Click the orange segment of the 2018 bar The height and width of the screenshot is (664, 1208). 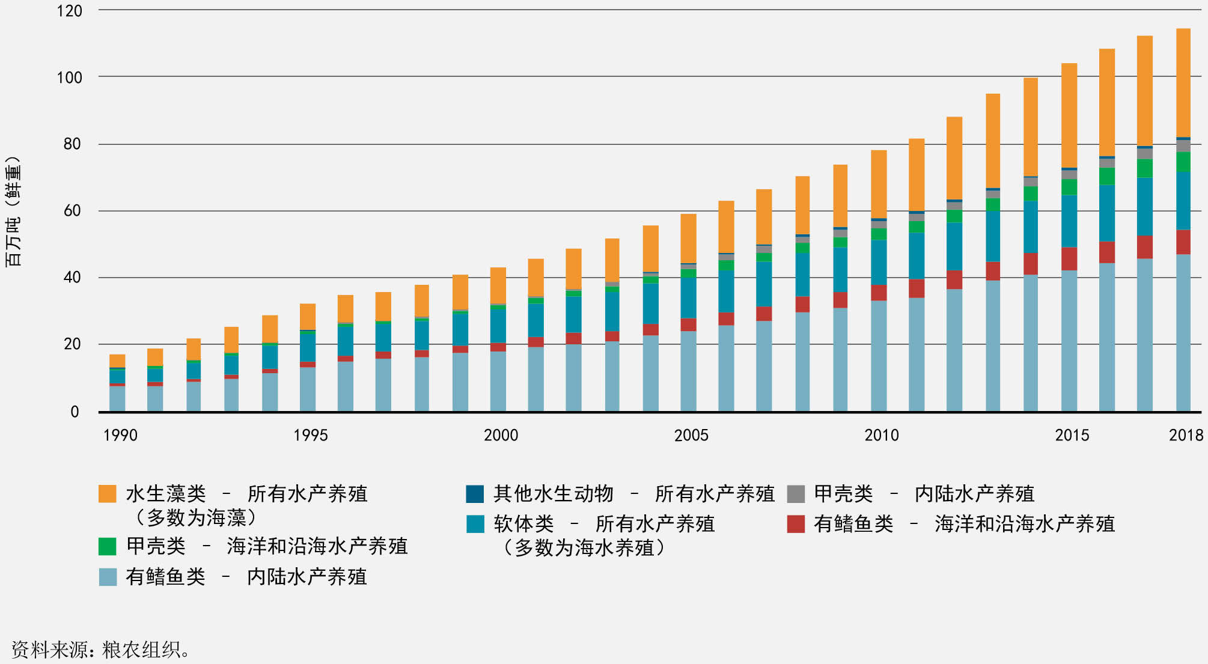1183,83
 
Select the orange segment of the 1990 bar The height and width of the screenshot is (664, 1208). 117,361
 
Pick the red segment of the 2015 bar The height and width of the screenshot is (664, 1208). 1069,258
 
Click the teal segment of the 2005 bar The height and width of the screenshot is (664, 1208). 688,297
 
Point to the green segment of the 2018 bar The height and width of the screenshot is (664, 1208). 1183,162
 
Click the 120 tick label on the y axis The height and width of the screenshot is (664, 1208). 69,11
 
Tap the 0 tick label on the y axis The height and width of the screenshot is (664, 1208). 75,412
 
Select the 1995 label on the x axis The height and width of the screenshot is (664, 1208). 310,435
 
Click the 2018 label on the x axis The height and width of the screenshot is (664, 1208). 1185,435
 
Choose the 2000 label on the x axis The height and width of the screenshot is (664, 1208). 501,435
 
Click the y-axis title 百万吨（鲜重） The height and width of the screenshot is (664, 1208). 13,210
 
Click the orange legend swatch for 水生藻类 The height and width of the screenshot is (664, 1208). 108,494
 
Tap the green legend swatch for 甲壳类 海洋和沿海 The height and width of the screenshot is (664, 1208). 108,546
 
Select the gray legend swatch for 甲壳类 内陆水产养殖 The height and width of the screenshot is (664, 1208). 796,494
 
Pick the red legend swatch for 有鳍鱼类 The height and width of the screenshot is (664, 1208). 796,524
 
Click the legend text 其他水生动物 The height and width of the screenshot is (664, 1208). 553,494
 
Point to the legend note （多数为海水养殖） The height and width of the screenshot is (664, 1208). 584,548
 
